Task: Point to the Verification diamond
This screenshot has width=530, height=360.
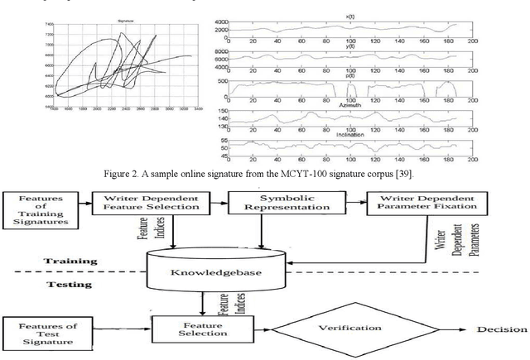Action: [356, 329]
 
